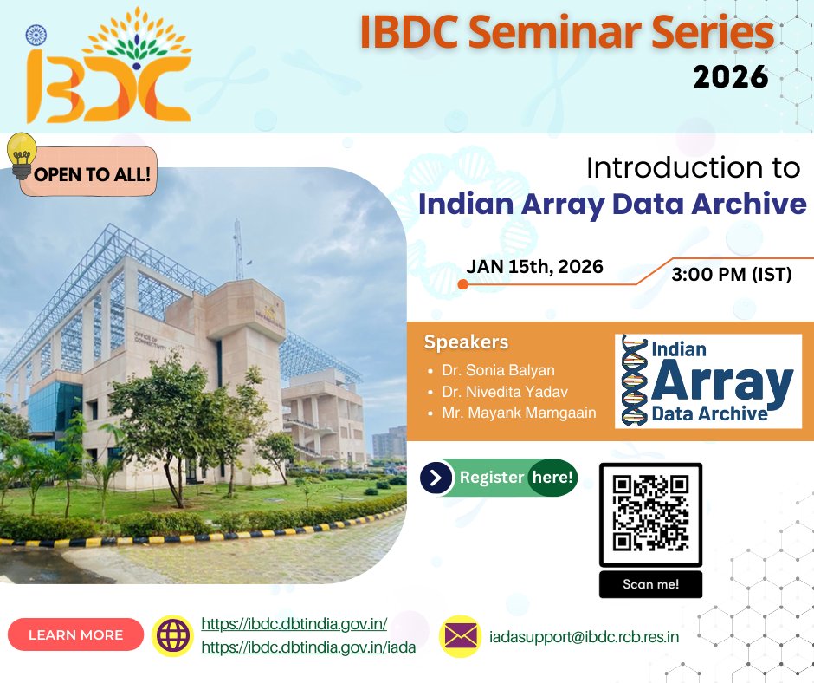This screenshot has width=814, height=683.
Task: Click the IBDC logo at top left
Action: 108,68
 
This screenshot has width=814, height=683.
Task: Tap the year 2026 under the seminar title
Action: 730,77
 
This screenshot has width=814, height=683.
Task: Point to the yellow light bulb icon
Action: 22,154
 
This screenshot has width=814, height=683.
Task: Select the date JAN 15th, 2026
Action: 534,267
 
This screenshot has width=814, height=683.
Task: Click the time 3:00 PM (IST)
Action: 732,276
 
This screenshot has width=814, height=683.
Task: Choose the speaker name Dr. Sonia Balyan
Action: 498,370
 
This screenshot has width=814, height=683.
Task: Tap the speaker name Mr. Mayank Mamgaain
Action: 519,413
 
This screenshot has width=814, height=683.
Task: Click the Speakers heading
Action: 466,342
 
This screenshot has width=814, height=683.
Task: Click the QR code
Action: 650,514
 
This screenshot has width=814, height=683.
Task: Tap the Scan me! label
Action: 650,584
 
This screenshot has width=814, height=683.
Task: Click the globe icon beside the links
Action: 171,635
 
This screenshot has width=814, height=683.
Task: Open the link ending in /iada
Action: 308,647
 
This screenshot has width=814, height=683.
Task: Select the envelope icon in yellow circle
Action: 461,636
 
